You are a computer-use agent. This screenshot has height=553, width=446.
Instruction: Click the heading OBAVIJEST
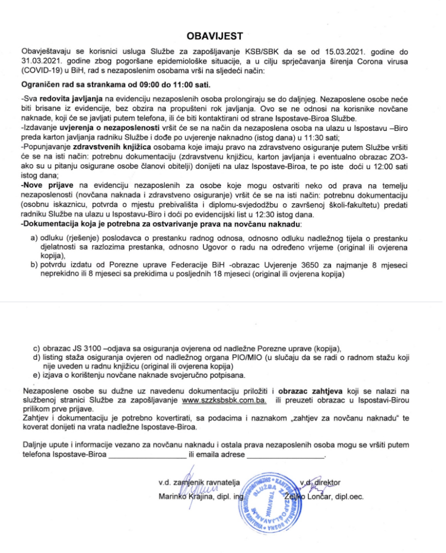click(x=223, y=36)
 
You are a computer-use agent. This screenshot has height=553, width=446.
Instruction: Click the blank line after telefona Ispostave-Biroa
click(x=146, y=455)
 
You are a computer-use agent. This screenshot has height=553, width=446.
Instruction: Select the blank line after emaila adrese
click(x=285, y=455)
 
